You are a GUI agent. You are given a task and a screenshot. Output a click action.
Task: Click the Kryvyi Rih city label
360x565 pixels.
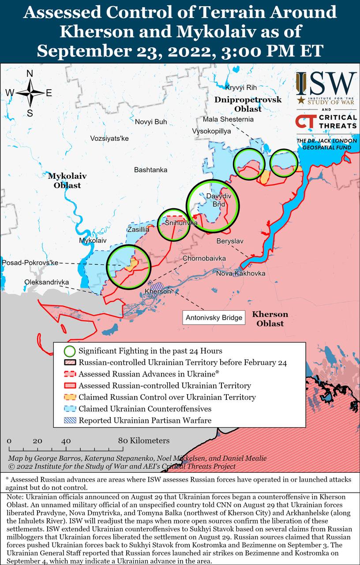click(241, 87)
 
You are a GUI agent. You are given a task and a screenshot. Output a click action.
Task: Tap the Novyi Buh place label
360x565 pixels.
click(151, 122)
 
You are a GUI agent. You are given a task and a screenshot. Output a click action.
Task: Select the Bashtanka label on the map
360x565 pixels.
click(151, 169)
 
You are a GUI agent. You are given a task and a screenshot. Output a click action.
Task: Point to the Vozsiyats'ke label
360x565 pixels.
click(109, 138)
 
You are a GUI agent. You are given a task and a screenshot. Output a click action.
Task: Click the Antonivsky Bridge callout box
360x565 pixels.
click(214, 317)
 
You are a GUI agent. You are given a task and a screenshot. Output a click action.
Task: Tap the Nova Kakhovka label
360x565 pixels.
click(240, 274)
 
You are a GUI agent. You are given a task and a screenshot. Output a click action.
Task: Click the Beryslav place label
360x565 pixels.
click(230, 241)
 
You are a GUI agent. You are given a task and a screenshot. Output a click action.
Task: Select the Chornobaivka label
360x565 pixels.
click(205, 258)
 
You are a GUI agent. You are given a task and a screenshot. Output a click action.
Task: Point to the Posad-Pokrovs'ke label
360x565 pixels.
click(30, 263)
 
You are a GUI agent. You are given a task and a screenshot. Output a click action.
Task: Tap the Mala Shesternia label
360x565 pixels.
click(228, 119)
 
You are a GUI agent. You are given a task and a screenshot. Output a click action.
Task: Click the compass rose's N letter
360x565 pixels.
click(30, 74)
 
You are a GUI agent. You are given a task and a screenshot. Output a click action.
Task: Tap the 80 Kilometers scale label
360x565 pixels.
click(143, 441)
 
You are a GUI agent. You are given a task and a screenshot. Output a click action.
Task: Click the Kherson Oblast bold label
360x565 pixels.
click(270, 319)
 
